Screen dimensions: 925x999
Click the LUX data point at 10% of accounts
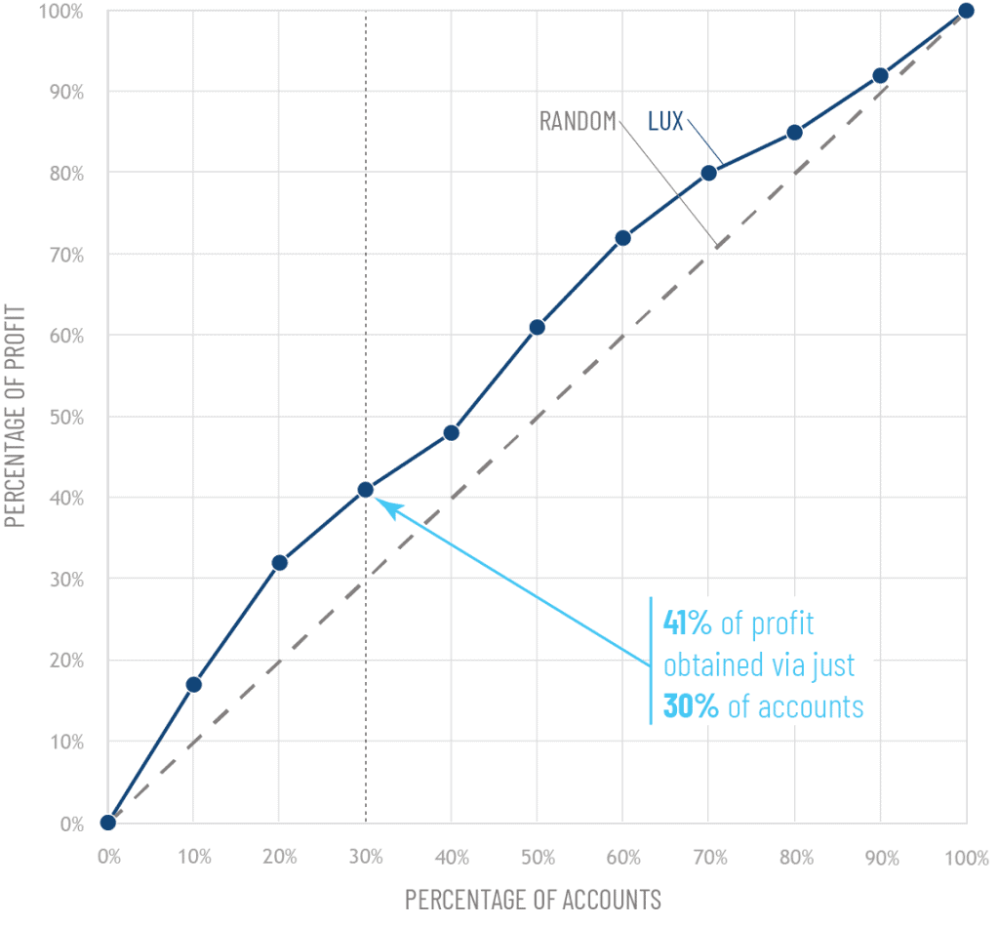point(193,684)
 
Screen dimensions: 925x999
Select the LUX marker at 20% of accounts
point(279,562)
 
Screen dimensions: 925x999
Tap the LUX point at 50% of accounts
point(537,327)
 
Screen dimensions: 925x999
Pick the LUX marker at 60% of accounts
point(622,237)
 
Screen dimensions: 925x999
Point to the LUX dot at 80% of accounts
point(794,132)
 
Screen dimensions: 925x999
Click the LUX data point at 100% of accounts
point(966,11)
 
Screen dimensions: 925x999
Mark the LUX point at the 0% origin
point(107,823)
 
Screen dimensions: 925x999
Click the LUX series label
point(665,122)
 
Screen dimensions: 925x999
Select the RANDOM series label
point(578,122)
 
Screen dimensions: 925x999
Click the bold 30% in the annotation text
point(691,706)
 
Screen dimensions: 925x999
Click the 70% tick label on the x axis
point(709,858)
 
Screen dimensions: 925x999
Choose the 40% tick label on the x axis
point(451,858)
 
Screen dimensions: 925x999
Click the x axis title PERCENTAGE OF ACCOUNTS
point(533,898)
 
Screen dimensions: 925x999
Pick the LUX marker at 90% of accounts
point(880,75)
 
